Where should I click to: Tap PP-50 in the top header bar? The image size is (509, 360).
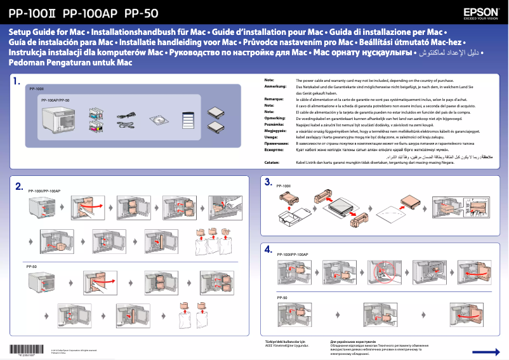click(x=142, y=12)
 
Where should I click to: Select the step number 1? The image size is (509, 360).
click(x=18, y=81)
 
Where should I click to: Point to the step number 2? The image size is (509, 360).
click(x=19, y=186)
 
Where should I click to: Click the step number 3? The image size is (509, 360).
click(x=268, y=182)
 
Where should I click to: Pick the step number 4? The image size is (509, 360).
click(x=268, y=250)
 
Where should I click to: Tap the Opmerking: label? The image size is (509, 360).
click(x=274, y=118)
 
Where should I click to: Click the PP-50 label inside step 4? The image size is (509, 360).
click(x=282, y=297)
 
